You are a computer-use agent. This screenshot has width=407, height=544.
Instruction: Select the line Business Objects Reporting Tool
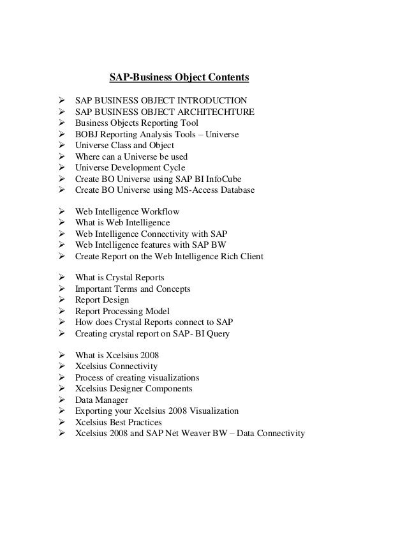click(x=137, y=123)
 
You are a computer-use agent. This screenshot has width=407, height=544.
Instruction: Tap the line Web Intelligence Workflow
click(x=127, y=211)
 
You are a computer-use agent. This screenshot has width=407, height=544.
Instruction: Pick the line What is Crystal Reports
click(x=119, y=278)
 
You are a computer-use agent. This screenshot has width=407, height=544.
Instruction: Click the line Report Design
click(x=101, y=300)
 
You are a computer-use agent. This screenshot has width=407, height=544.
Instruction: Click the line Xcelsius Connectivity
click(x=116, y=366)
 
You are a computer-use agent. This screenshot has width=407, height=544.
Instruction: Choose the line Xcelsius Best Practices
click(x=118, y=422)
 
